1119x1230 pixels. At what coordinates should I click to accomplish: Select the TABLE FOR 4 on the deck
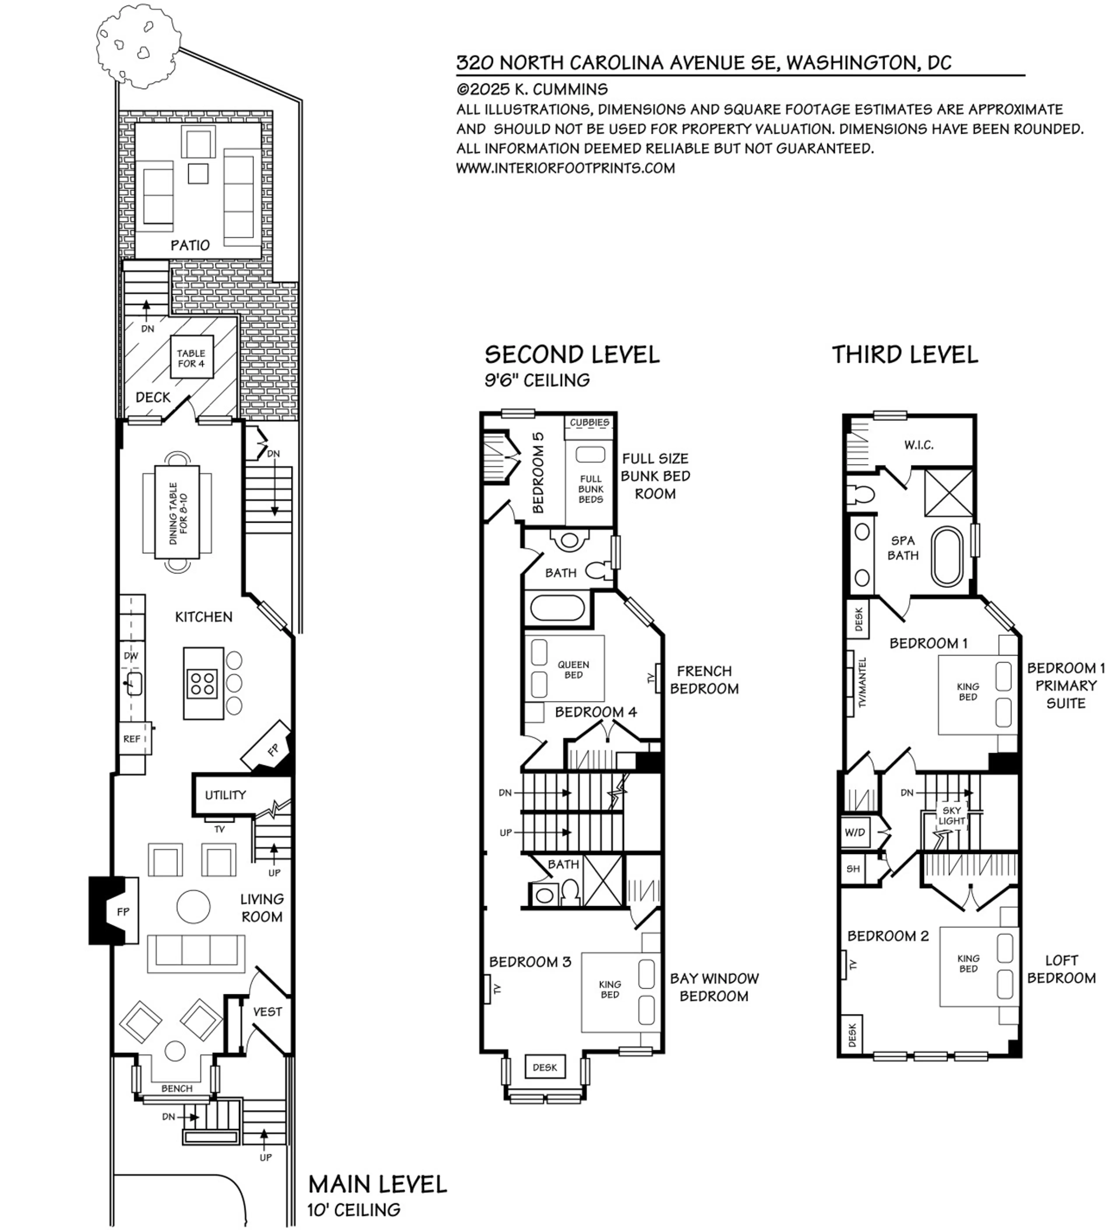pos(191,358)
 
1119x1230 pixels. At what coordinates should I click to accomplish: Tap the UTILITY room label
pos(225,795)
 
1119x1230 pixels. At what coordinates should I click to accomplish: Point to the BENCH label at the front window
pos(177,1088)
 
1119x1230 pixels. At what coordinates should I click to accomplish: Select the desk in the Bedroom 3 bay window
pos(545,1067)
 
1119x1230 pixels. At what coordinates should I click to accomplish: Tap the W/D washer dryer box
pos(855,832)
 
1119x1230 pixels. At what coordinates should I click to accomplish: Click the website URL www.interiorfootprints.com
pos(566,168)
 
